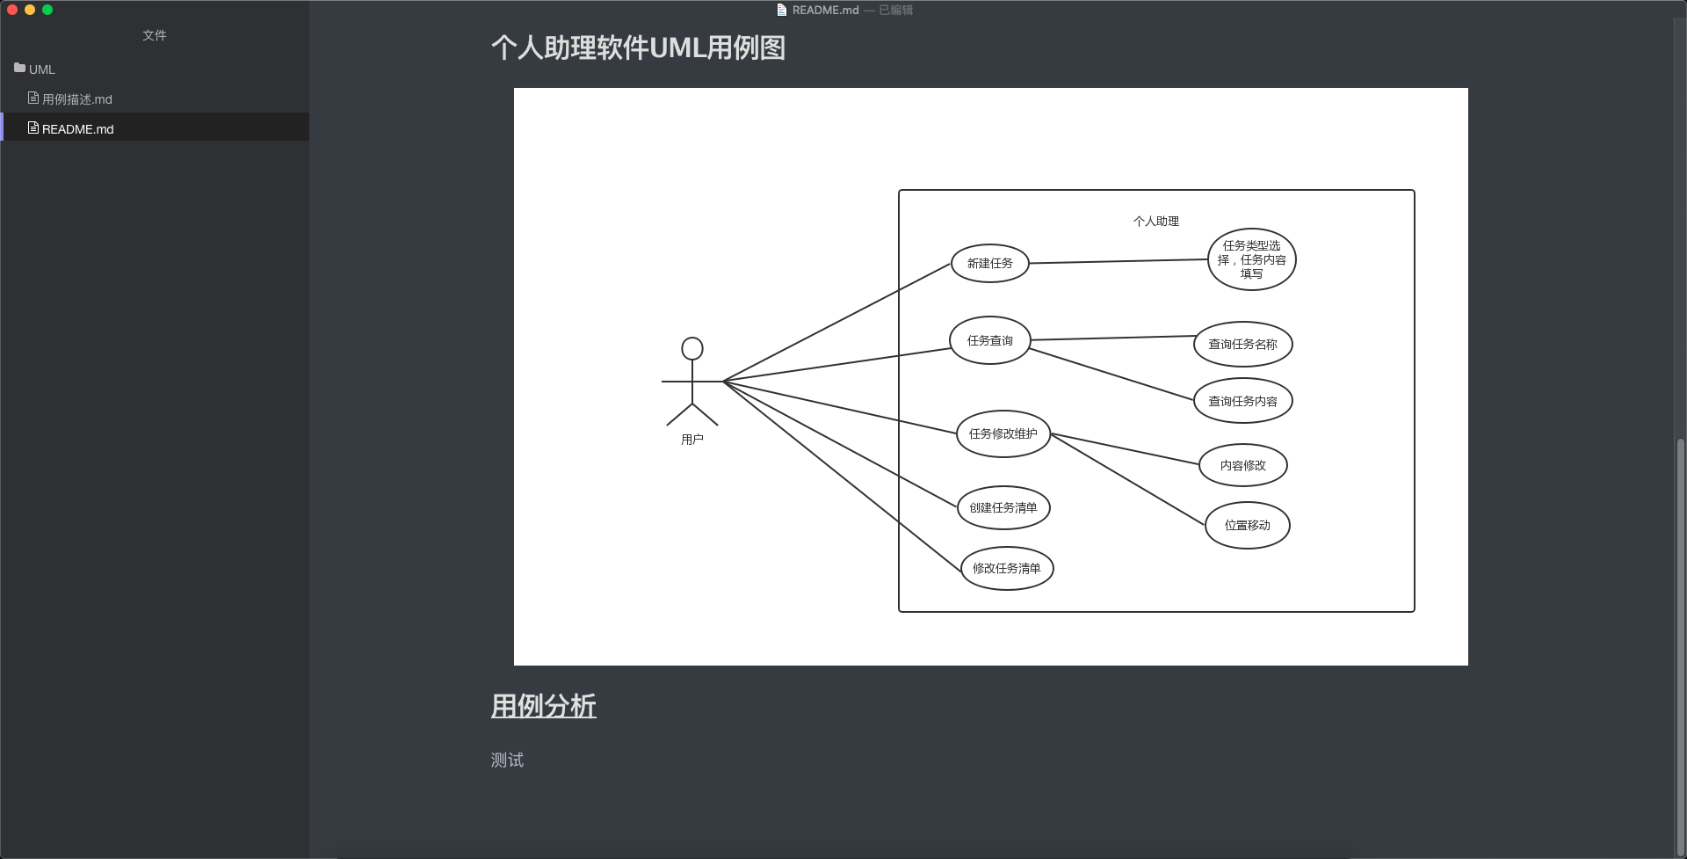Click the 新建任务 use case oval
[x=990, y=263]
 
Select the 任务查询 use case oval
[x=990, y=340]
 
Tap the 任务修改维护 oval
[x=1003, y=433]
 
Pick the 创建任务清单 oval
[x=1003, y=507]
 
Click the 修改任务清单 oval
[x=1007, y=568]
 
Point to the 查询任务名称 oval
[x=1242, y=344]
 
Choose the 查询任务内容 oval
[x=1242, y=401]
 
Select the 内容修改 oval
[x=1242, y=465]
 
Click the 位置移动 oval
[x=1247, y=525]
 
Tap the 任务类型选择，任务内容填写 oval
[x=1251, y=259]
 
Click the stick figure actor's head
[x=692, y=349]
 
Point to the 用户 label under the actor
[x=692, y=440]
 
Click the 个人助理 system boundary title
[x=1155, y=222]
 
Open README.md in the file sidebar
[x=77, y=128]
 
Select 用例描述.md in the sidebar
[x=76, y=99]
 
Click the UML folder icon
[x=19, y=68]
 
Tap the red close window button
[x=12, y=10]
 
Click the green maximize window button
[x=47, y=10]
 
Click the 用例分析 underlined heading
[x=543, y=706]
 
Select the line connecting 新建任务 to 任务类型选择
[x=1118, y=261]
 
